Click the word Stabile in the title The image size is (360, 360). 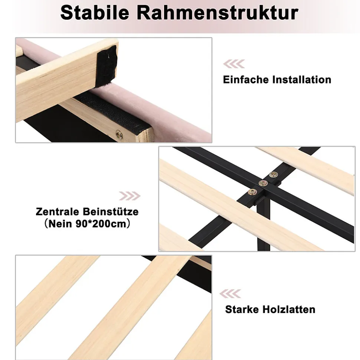(x=95, y=13)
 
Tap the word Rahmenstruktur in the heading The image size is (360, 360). (x=217, y=13)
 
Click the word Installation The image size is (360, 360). (x=302, y=80)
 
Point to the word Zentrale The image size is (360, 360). (x=57, y=211)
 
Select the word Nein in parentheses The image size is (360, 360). (x=60, y=224)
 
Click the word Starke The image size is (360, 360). (x=242, y=309)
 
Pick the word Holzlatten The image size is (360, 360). (x=289, y=309)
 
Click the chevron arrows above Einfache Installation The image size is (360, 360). (x=234, y=64)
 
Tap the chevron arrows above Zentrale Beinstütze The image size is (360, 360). (x=130, y=196)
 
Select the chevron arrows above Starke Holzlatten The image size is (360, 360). (x=230, y=294)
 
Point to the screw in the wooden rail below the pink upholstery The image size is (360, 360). (x=119, y=134)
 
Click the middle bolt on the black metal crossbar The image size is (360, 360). (x=263, y=183)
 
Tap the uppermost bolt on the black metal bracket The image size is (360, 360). (x=273, y=175)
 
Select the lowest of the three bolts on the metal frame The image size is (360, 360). (x=253, y=192)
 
